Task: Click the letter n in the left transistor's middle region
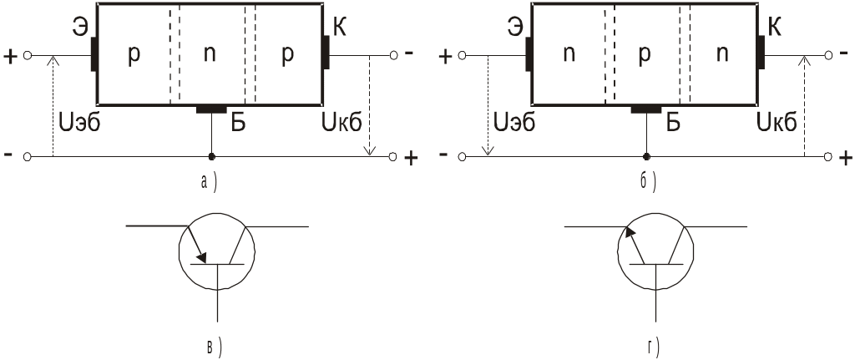pos(210,55)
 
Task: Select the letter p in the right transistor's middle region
pos(644,55)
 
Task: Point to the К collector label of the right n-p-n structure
pos(774,27)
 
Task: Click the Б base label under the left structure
pos(238,124)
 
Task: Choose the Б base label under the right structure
pos(674,124)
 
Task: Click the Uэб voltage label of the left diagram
pos(80,124)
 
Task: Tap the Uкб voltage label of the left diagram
pos(341,124)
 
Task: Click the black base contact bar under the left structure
pos(210,109)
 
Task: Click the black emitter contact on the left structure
pos(94,53)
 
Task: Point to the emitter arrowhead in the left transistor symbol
pos(201,257)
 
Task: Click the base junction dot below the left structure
pos(211,157)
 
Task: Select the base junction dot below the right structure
pos(646,157)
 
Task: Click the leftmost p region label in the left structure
pos(134,55)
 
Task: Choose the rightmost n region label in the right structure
pos(722,55)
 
